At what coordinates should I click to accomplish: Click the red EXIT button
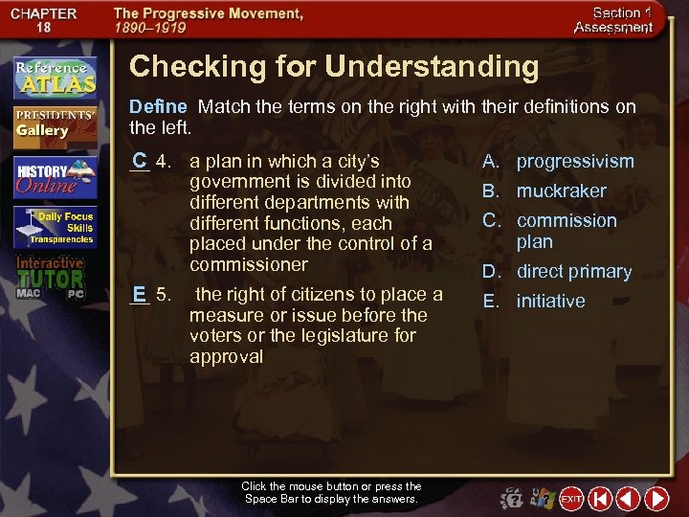coord(571,499)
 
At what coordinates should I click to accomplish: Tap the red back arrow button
coord(628,499)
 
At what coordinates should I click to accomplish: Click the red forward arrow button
coord(656,499)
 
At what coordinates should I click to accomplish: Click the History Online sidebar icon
coord(55,177)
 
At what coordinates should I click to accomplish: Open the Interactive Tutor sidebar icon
coord(55,277)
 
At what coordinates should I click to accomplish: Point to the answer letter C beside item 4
coord(140,160)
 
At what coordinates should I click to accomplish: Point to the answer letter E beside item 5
coord(140,293)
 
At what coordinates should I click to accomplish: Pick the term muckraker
coord(561,191)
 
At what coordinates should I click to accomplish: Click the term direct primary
coord(574,271)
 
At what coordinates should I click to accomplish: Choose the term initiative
coord(550,301)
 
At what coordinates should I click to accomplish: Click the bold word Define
coord(158,106)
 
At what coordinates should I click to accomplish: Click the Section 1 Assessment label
coord(613,20)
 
